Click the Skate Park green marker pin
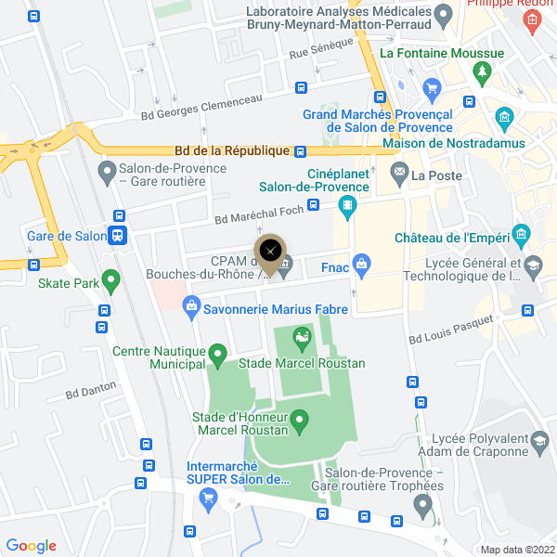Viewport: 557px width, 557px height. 111,278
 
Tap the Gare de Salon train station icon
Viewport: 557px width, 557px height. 118,236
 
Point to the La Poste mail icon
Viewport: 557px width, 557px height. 399,173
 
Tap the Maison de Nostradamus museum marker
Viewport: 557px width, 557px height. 504,117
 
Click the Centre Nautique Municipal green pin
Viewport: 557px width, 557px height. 217,354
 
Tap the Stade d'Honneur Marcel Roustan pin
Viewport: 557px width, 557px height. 300,422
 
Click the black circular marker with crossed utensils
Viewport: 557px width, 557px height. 270,250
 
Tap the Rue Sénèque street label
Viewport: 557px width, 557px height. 321,49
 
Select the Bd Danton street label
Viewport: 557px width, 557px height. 91,391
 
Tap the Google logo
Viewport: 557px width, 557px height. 31,546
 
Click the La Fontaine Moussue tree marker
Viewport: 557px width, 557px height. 481,71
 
